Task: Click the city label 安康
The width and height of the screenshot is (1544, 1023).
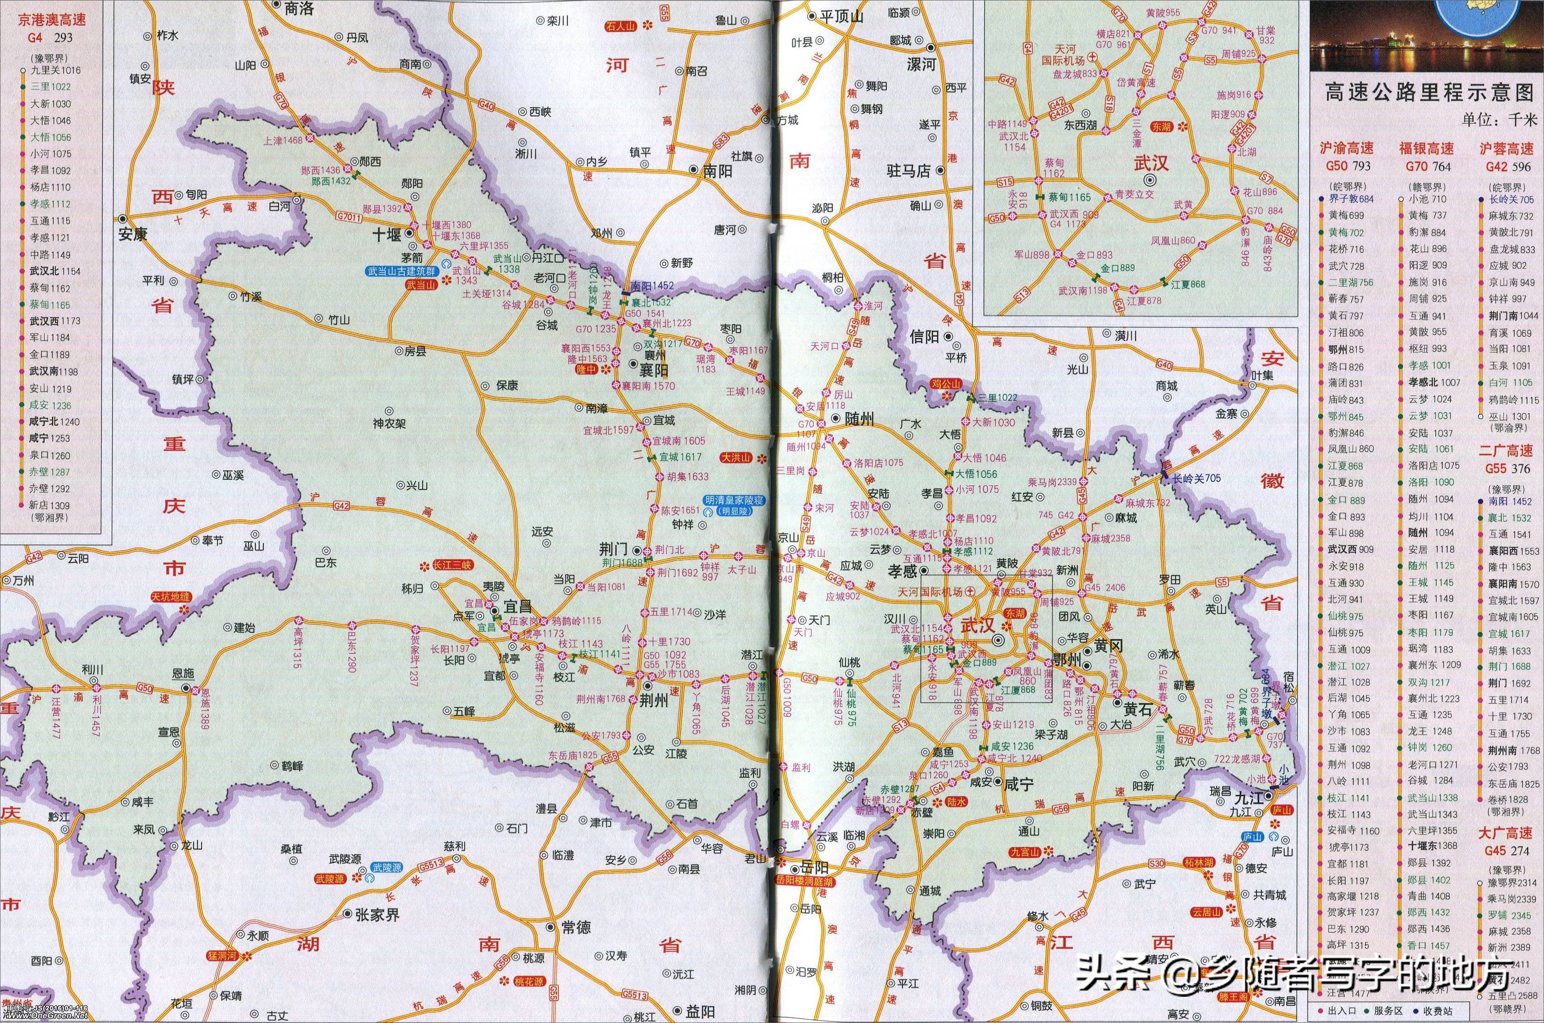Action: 133,234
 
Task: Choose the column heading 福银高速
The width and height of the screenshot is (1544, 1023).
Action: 1426,149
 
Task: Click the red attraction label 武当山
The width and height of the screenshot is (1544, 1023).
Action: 421,284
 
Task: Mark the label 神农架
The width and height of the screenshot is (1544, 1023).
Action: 389,423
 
